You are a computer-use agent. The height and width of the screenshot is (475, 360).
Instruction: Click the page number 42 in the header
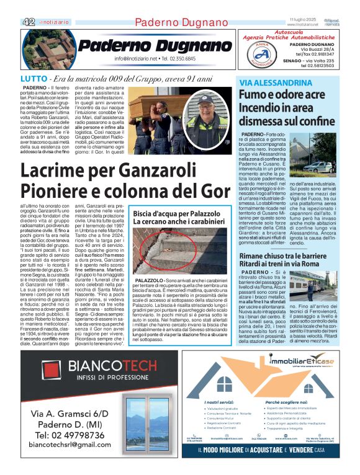click(x=29, y=22)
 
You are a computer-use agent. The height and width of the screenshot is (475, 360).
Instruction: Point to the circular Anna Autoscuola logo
click(x=258, y=53)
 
